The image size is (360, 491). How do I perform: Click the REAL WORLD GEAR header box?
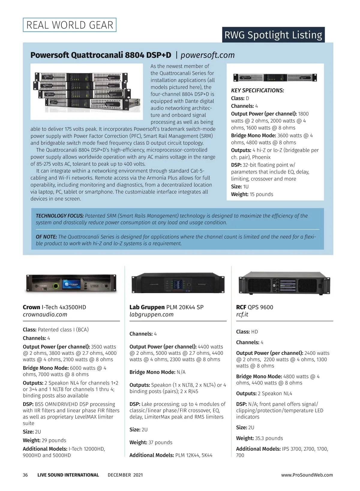coord(70,25)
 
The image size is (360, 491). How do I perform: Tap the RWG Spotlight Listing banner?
coord(273,35)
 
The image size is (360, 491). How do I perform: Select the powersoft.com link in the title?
coord(208,55)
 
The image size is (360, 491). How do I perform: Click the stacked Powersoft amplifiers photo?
coord(87,91)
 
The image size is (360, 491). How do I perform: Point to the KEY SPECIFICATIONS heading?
coord(257,91)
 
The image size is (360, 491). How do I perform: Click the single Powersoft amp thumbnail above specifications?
coord(275,77)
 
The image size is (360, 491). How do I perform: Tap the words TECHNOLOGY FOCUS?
coord(60,216)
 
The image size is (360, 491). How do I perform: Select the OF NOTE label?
coord(46,237)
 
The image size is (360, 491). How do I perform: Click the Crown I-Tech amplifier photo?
coord(71,284)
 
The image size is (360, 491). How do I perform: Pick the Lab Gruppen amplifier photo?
coord(178,283)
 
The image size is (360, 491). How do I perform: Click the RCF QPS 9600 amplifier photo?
coord(284,283)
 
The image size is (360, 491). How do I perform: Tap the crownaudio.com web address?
coord(45,314)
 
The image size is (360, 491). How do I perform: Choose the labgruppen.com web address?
coord(151,314)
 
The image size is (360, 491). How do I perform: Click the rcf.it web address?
coord(242,314)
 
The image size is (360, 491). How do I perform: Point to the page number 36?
coord(25,475)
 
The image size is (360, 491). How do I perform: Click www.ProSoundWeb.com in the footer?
coord(307,475)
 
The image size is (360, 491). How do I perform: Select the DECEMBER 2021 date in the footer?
coord(125,475)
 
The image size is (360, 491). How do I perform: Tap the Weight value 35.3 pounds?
coord(269,438)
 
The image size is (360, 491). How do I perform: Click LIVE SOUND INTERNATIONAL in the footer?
coord(68,475)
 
